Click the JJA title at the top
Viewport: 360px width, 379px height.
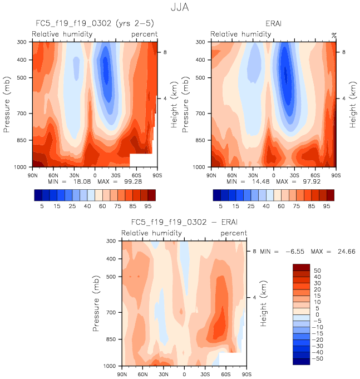pyautogui.click(x=179, y=9)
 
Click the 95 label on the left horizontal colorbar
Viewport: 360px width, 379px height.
pyautogui.click(x=147, y=206)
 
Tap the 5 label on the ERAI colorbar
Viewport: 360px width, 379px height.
pyautogui.click(x=221, y=206)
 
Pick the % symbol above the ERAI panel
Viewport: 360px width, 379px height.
pyautogui.click(x=334, y=35)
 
